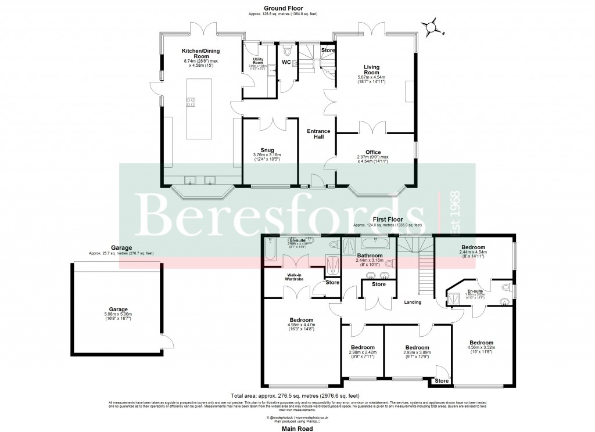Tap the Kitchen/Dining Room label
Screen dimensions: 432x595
[x=199, y=53]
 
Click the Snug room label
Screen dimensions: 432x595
[x=267, y=149]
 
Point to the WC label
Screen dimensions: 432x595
[x=286, y=62]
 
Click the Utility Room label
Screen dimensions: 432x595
[x=258, y=61]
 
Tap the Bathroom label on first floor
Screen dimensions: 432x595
[x=370, y=255]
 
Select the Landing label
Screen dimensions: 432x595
[x=413, y=302]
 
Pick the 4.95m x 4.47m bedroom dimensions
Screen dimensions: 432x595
[x=301, y=329]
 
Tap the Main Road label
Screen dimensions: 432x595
[x=296, y=429]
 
